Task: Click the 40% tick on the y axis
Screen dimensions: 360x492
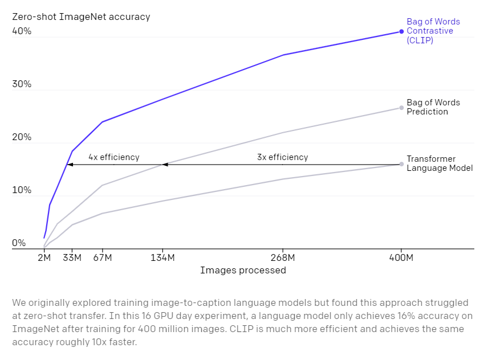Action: click(22, 32)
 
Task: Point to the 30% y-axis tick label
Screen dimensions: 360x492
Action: click(22, 84)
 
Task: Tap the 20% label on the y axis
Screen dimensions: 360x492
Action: click(22, 138)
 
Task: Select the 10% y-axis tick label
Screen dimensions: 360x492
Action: click(22, 190)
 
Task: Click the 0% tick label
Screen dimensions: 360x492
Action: click(19, 243)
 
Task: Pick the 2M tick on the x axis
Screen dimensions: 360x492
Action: click(44, 257)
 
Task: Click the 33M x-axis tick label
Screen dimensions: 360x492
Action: click(72, 257)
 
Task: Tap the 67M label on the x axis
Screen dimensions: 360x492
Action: click(102, 257)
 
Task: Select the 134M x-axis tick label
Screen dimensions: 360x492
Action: click(162, 257)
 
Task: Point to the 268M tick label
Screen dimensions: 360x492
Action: click(283, 257)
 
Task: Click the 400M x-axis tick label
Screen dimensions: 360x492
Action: click(401, 257)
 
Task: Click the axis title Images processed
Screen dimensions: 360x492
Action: click(243, 270)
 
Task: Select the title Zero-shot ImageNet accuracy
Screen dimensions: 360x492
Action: click(81, 17)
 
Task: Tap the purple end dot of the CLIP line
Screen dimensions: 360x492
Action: click(401, 31)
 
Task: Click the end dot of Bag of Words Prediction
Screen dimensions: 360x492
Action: click(401, 108)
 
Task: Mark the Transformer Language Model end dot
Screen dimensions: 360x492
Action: click(401, 164)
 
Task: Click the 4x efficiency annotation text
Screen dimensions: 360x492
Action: click(113, 157)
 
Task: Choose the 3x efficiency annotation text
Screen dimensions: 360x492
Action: click(282, 157)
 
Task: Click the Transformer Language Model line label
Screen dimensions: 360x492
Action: click(439, 164)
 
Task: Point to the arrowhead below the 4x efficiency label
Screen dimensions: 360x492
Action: click(70, 165)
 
